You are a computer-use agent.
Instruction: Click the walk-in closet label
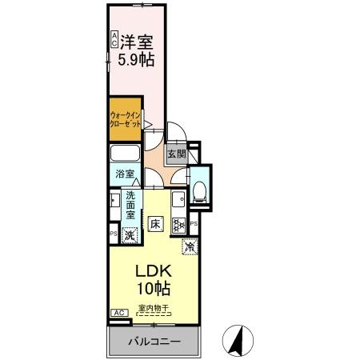point(124,120)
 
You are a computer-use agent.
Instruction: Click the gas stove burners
point(179,227)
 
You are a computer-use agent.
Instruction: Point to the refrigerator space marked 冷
point(189,248)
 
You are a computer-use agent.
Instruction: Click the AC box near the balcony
point(118,314)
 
